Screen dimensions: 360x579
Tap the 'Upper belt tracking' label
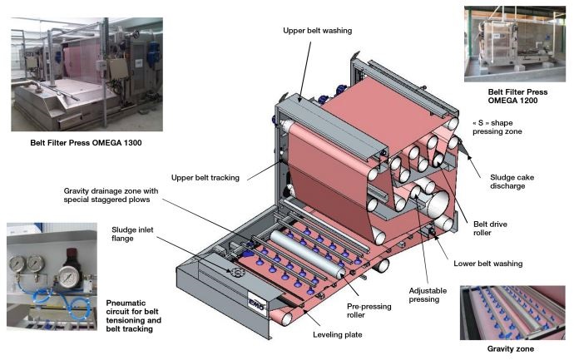[205, 177]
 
